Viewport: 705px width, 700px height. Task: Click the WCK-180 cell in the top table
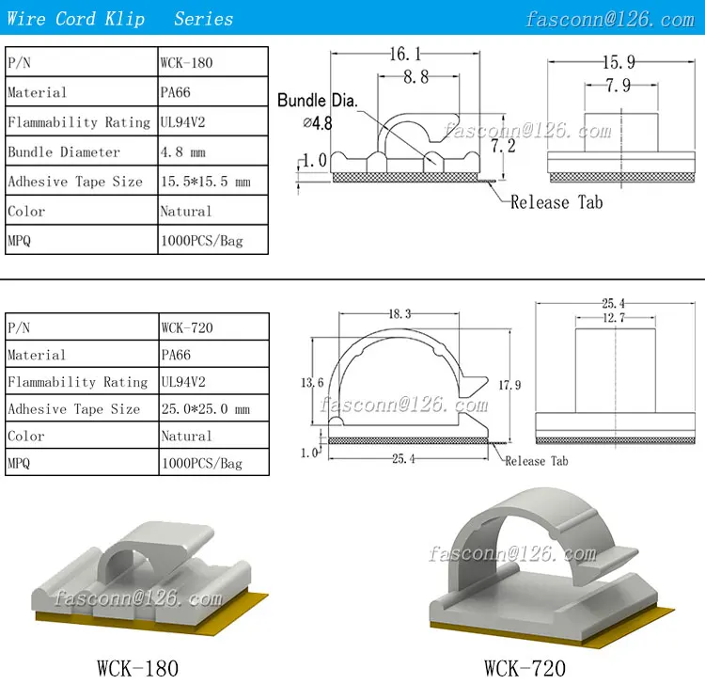click(x=213, y=62)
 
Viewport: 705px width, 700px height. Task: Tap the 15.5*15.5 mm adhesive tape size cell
click(x=213, y=181)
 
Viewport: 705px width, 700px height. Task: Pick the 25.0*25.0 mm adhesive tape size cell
click(x=214, y=408)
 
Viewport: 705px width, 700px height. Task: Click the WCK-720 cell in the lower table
click(x=214, y=327)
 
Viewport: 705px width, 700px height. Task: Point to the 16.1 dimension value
click(x=405, y=54)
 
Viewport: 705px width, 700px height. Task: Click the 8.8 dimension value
click(x=415, y=76)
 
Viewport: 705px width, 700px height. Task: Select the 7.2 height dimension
click(x=503, y=146)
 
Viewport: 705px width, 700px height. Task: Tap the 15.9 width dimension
click(x=619, y=62)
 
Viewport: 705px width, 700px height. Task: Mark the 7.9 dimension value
click(x=619, y=85)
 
